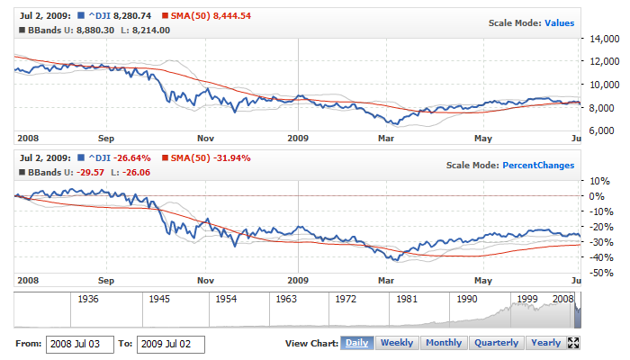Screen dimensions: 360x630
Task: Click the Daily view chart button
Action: (356, 343)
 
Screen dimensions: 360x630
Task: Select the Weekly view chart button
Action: (397, 343)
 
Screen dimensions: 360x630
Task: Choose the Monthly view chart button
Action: (444, 343)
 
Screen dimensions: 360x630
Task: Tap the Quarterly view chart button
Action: (497, 343)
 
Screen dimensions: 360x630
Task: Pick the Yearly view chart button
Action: (546, 343)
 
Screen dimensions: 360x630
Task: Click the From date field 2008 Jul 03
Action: (79, 344)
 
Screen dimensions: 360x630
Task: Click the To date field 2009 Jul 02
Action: (170, 344)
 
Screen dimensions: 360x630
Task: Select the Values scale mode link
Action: (559, 22)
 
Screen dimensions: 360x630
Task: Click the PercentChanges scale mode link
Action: (537, 165)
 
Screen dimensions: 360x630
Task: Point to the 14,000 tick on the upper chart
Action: (603, 40)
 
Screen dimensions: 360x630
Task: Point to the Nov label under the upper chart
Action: (205, 139)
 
